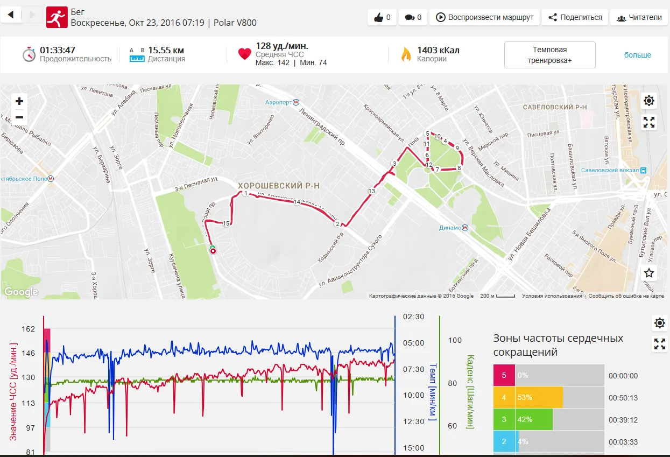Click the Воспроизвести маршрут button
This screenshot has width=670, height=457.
484,17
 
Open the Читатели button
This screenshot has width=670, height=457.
639,17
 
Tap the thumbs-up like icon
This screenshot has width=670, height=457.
378,17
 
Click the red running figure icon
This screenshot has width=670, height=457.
57,17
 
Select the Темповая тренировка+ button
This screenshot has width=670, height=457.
549,55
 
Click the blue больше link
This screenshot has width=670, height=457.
637,55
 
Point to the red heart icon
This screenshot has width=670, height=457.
245,54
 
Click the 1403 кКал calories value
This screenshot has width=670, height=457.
438,51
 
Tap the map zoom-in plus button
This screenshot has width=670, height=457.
19,101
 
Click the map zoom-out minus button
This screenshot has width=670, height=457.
19,117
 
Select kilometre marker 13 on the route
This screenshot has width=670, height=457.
371,191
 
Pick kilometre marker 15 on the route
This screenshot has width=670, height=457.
226,223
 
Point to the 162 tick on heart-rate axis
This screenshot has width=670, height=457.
28,329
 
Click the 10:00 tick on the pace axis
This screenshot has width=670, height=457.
413,395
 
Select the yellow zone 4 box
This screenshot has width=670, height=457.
504,397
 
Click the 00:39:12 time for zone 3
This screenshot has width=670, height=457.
623,419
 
